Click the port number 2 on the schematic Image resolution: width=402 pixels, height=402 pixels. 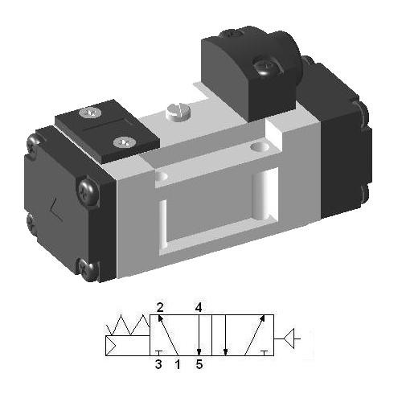(160, 307)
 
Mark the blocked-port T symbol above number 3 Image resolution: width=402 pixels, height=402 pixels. (158, 351)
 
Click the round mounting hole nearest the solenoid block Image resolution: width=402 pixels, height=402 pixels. (259, 148)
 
